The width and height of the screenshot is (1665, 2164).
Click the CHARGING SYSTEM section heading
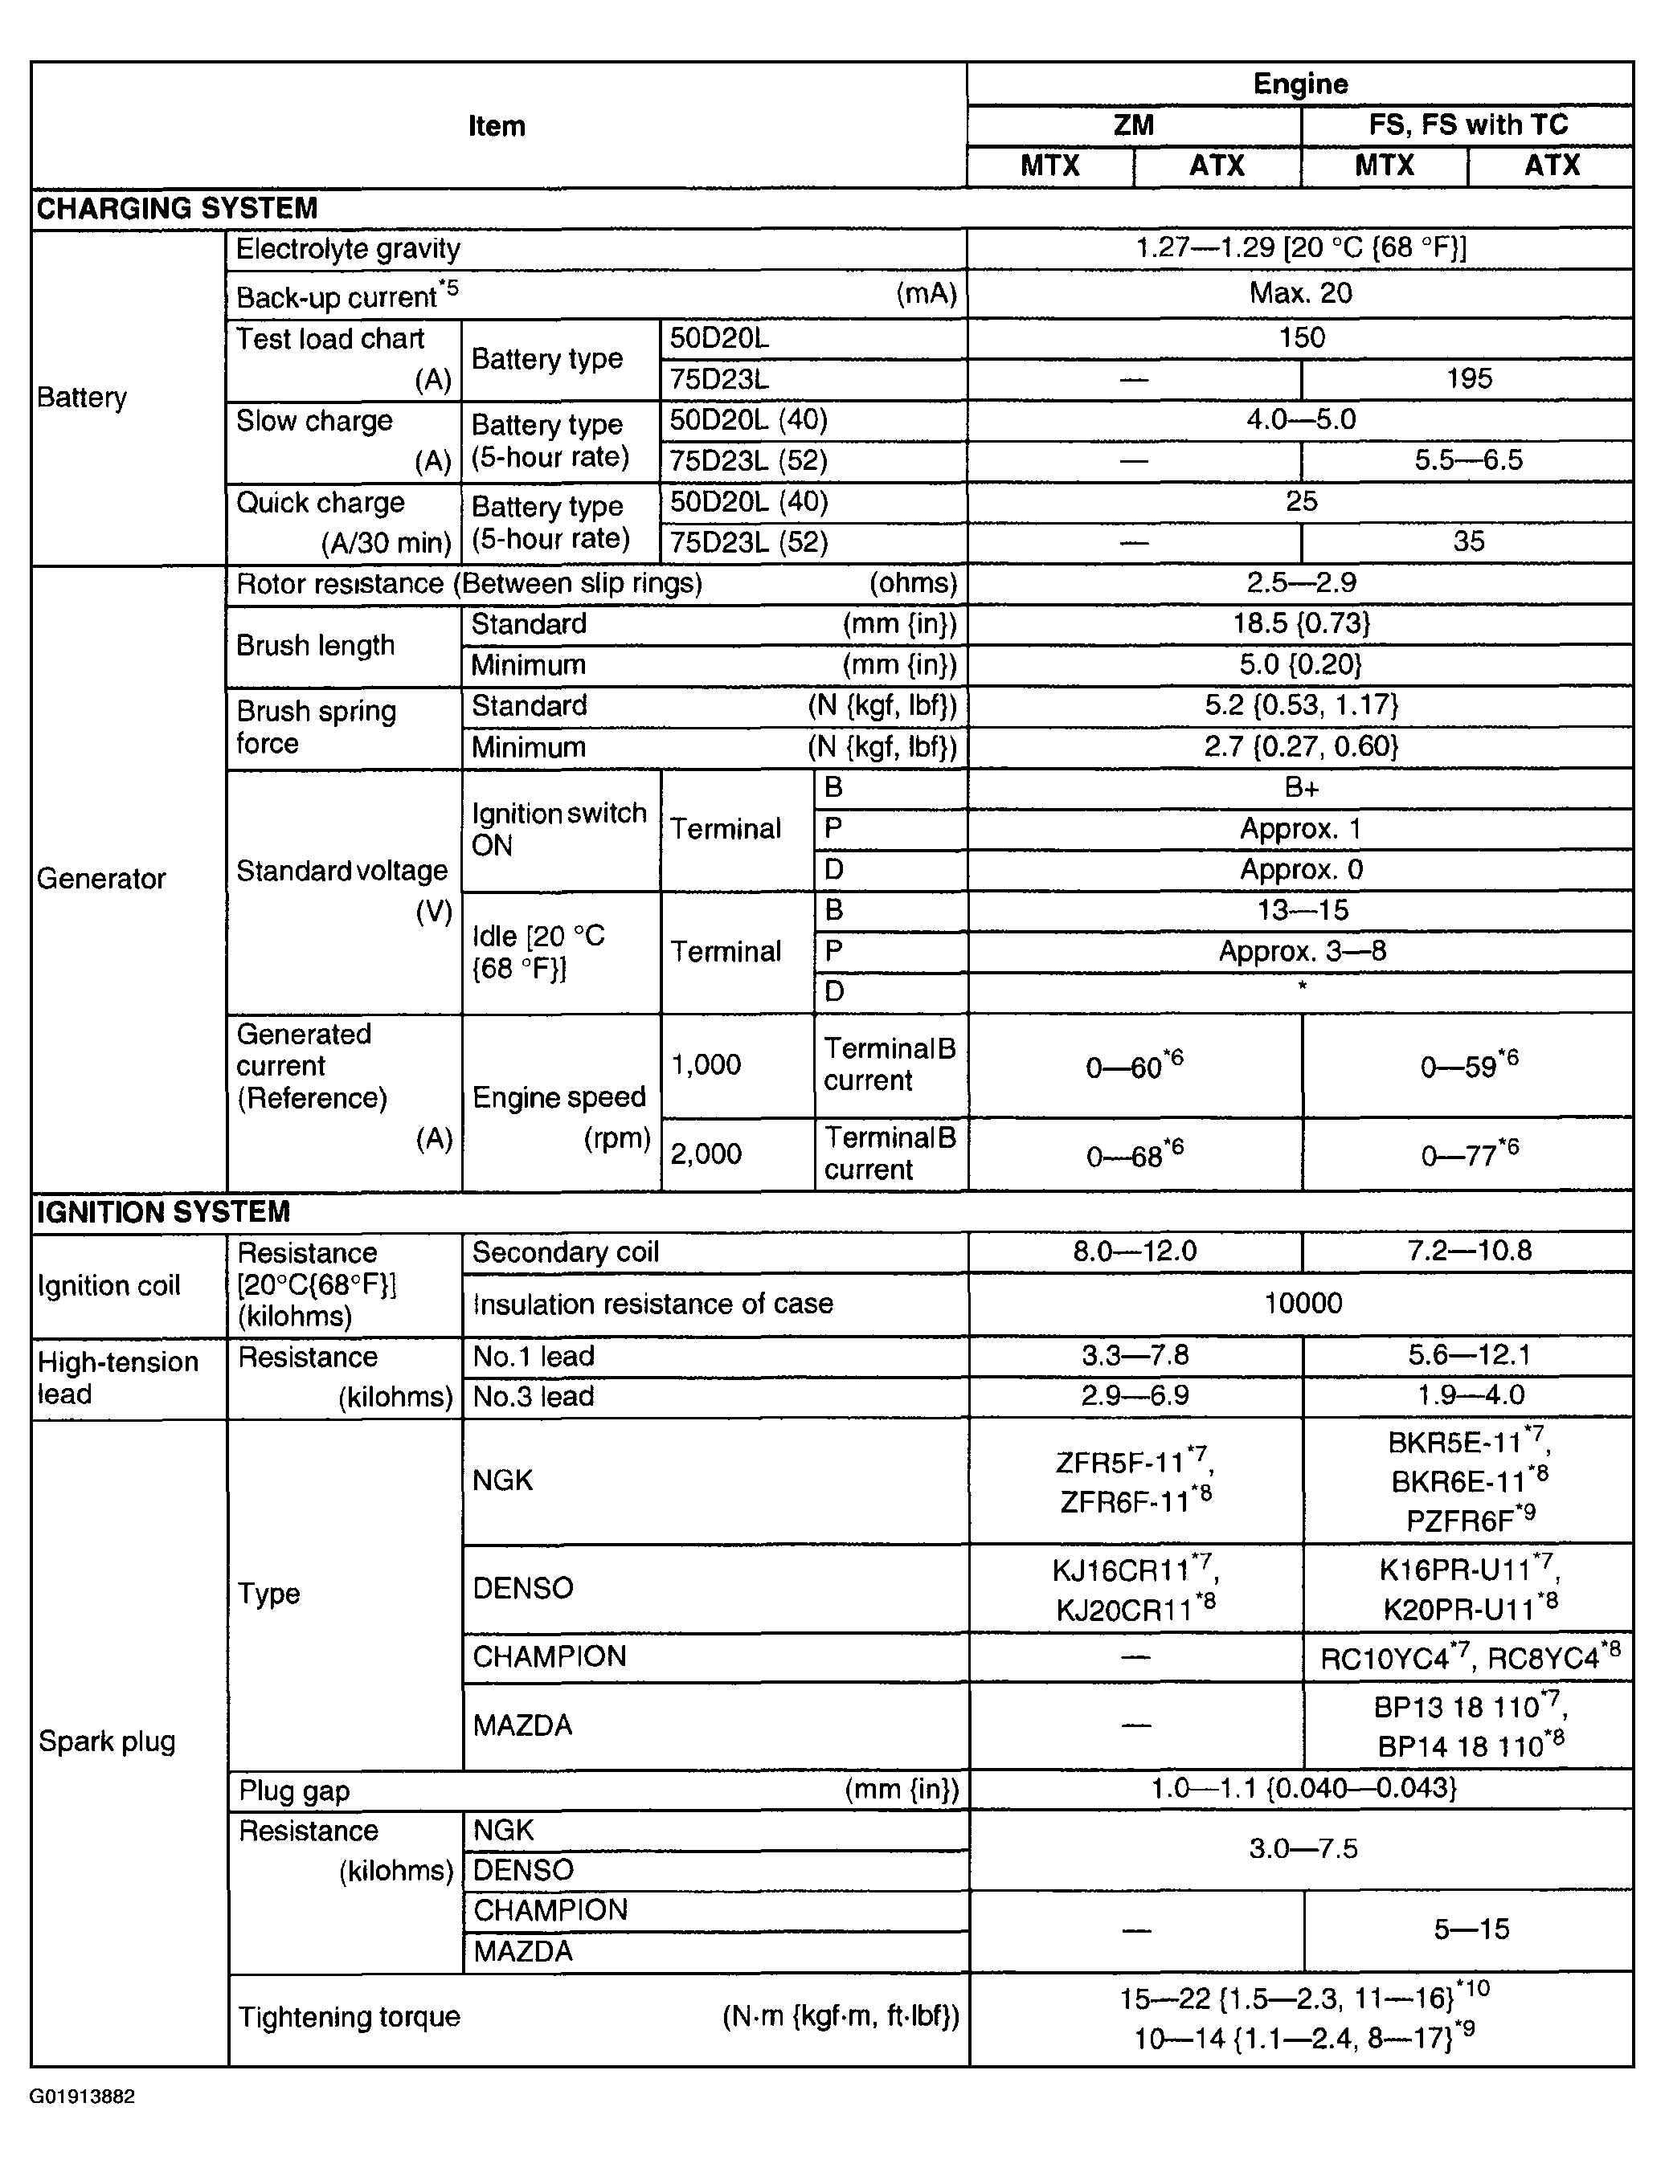pyautogui.click(x=178, y=208)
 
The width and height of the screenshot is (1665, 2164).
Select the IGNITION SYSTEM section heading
pyautogui.click(x=164, y=1212)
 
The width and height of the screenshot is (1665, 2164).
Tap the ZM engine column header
pyautogui.click(x=1133, y=125)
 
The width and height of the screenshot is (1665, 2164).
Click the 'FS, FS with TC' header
pyautogui.click(x=1468, y=125)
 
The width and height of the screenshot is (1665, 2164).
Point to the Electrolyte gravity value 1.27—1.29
pyautogui.click(x=1300, y=247)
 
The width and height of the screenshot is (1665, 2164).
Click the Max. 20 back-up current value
pyautogui.click(x=1300, y=293)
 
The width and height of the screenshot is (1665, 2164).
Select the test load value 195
pyautogui.click(x=1468, y=378)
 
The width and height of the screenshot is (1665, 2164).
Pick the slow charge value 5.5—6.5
pyautogui.click(x=1468, y=459)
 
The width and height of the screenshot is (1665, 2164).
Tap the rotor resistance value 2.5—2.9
pyautogui.click(x=1300, y=582)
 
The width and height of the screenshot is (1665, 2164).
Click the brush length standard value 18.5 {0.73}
pyautogui.click(x=1300, y=623)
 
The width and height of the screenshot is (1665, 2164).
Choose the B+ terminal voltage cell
pyautogui.click(x=1300, y=788)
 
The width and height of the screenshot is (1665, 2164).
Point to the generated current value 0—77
pyautogui.click(x=1468, y=1153)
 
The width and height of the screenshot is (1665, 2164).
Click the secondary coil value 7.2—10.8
pyautogui.click(x=1468, y=1251)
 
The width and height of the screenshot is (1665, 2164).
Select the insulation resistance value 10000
pyautogui.click(x=1303, y=1303)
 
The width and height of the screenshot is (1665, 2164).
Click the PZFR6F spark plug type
pyautogui.click(x=1470, y=1519)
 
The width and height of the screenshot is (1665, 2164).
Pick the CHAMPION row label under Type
pyautogui.click(x=549, y=1656)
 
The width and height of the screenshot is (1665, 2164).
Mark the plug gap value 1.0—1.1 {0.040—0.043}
pyautogui.click(x=1303, y=1788)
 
